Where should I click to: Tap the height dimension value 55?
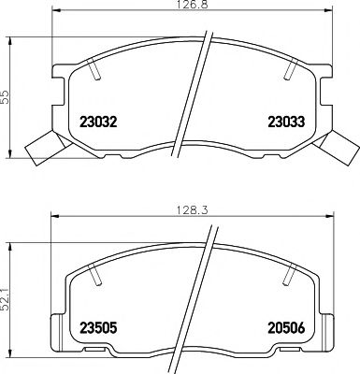7,98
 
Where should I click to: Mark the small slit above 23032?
96,70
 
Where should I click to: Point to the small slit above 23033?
293,70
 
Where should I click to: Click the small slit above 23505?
94,274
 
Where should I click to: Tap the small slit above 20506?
286,274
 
